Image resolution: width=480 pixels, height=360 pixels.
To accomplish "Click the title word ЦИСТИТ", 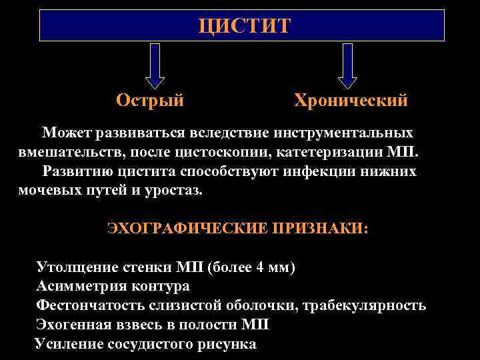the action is click(x=245, y=26).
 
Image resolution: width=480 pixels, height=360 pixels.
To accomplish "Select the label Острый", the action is click(x=150, y=101).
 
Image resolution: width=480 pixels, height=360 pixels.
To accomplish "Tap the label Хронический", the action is click(x=351, y=101).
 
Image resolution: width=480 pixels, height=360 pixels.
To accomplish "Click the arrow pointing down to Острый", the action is click(x=155, y=67).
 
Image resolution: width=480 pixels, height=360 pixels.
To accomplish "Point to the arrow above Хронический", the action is click(x=347, y=67).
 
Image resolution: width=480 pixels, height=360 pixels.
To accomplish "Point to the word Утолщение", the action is click(x=73, y=268).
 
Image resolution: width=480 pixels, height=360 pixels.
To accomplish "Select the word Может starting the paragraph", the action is click(x=65, y=133).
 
